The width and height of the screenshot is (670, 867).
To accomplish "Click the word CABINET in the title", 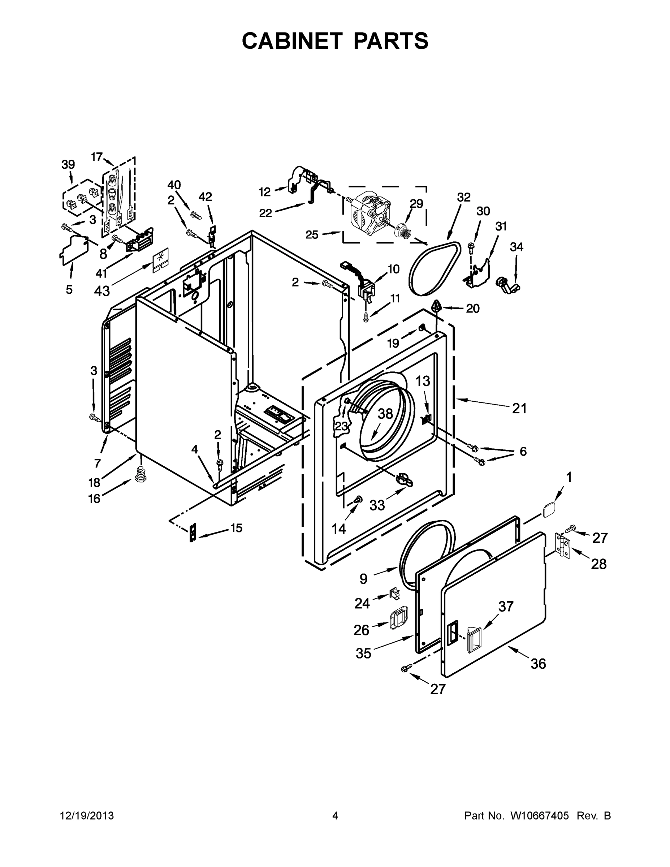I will coord(292,41).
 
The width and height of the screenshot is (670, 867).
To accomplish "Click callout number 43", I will coord(101,291).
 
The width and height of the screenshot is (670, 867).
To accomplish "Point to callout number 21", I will coord(519,408).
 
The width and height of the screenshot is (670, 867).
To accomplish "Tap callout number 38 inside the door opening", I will coord(385,414).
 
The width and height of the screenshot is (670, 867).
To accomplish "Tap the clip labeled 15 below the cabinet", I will coord(193,532).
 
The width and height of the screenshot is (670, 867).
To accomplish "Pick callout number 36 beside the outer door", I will coord(538,663).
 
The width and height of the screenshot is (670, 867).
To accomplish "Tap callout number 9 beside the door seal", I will coord(363,579).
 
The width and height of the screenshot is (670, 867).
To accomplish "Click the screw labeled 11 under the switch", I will coord(366,316).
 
